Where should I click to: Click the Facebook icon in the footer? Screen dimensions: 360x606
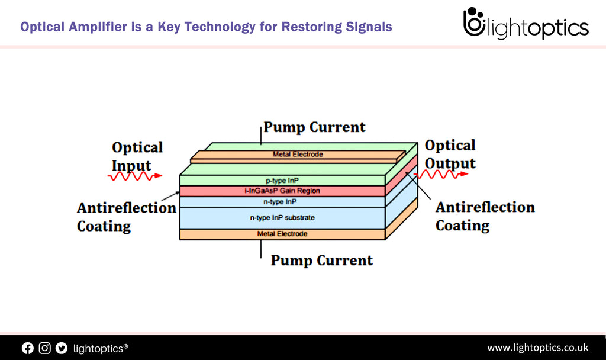point(28,348)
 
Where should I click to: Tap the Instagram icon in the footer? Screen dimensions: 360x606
point(44,348)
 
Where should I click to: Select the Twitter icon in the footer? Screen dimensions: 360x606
point(62,348)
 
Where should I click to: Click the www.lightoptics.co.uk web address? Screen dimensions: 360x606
point(537,348)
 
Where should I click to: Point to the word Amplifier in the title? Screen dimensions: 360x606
point(96,27)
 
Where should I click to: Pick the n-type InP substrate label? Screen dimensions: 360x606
point(282,218)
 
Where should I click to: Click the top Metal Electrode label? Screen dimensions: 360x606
point(298,155)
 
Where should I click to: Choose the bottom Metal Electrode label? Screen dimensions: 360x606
point(282,234)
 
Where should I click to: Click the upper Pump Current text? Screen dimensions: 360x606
point(314,127)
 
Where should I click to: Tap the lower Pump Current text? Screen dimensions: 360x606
point(321,261)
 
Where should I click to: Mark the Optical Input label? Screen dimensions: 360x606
point(137,156)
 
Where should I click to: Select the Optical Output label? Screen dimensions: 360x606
point(450,154)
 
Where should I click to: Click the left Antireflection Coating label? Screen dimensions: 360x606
point(126,217)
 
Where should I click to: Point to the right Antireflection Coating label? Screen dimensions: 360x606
point(485,216)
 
